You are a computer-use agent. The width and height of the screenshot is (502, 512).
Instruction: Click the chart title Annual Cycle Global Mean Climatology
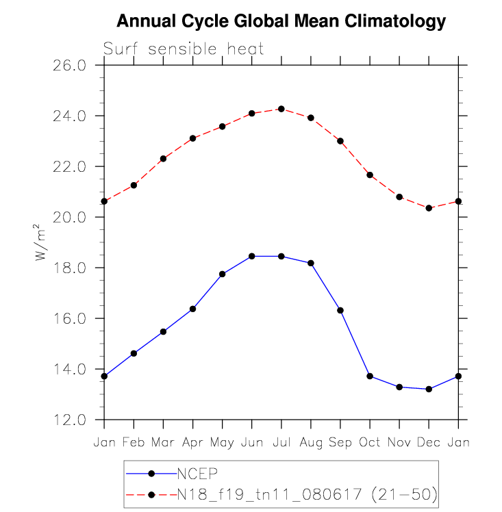pos(281,22)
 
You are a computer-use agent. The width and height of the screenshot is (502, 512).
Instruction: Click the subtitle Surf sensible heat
pos(184,49)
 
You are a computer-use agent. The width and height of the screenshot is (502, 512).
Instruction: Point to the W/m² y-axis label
pos(41,242)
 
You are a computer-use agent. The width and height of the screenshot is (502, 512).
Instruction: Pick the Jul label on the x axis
pos(281,442)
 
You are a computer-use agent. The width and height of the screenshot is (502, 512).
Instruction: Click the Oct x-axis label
pos(370,442)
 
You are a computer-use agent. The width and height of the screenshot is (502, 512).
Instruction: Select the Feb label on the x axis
pos(134,442)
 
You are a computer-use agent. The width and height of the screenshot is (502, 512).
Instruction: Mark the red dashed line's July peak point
pos(281,109)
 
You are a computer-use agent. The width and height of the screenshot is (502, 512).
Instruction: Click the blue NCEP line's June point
pos(251,256)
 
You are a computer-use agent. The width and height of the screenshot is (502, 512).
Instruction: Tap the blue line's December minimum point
pos(429,389)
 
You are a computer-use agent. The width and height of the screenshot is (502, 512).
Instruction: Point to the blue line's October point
pos(370,376)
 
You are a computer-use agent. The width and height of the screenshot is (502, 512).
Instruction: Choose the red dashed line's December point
pos(429,208)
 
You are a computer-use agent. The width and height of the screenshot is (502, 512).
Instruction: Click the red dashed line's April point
pos(192,138)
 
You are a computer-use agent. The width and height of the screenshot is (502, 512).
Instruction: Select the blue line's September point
pos(340,310)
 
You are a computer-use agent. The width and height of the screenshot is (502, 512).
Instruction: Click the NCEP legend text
pos(198,473)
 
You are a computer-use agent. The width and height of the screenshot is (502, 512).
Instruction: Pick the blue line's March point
pos(163,331)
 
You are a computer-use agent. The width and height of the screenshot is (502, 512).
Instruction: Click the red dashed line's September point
pos(340,141)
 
